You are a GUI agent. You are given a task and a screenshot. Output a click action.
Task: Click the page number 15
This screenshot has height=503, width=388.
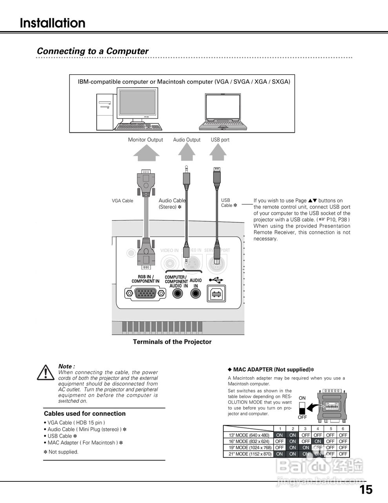point(366,490)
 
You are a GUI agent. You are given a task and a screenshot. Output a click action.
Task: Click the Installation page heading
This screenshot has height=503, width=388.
point(53,23)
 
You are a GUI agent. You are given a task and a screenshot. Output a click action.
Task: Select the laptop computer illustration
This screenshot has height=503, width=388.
point(225,112)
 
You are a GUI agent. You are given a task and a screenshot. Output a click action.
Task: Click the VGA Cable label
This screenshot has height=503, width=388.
point(122,201)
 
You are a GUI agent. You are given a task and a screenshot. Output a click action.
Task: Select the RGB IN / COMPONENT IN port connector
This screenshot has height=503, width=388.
point(145,294)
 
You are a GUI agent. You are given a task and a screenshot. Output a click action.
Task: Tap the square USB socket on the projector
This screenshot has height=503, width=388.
point(217,294)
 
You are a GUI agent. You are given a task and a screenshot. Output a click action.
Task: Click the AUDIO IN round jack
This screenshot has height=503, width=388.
point(195,294)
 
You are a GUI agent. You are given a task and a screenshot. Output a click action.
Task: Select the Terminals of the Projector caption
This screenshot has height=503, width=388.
point(172,342)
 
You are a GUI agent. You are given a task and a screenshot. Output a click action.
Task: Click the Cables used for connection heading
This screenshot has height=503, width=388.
point(85,413)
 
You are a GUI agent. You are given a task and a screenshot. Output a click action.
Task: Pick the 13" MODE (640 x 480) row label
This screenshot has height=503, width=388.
point(249,435)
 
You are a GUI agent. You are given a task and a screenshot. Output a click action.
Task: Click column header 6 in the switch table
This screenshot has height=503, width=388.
point(343,429)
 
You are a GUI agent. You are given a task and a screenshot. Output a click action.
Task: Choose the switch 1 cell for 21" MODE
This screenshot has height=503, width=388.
point(279,454)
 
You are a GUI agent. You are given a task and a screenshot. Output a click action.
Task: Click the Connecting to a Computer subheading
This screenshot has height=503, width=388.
point(93,51)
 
